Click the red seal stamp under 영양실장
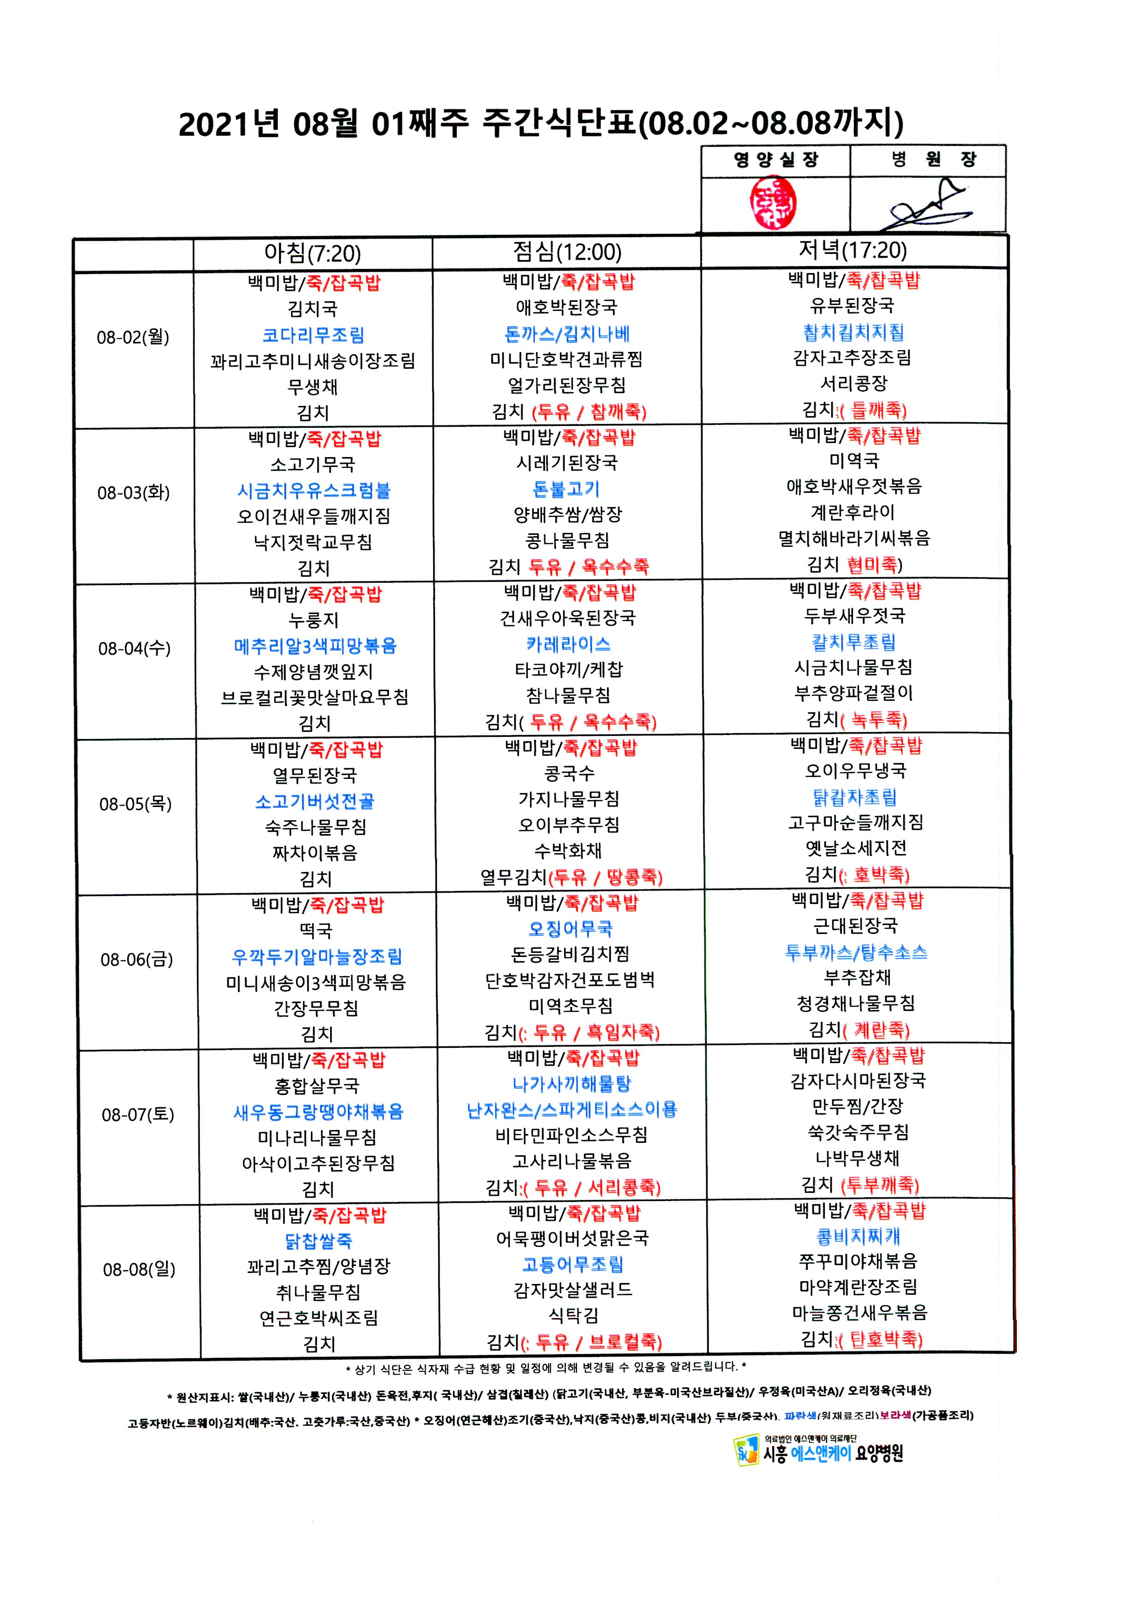773,203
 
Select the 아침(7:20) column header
312,253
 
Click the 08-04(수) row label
134,648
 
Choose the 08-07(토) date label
137,1114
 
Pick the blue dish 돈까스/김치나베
567,334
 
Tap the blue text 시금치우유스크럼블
314,490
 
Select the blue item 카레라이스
568,644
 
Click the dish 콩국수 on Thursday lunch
569,774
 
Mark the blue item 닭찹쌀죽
318,1240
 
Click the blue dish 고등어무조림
572,1264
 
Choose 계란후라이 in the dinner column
853,512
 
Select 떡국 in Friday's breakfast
316,931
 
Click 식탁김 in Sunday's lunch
573,1315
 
